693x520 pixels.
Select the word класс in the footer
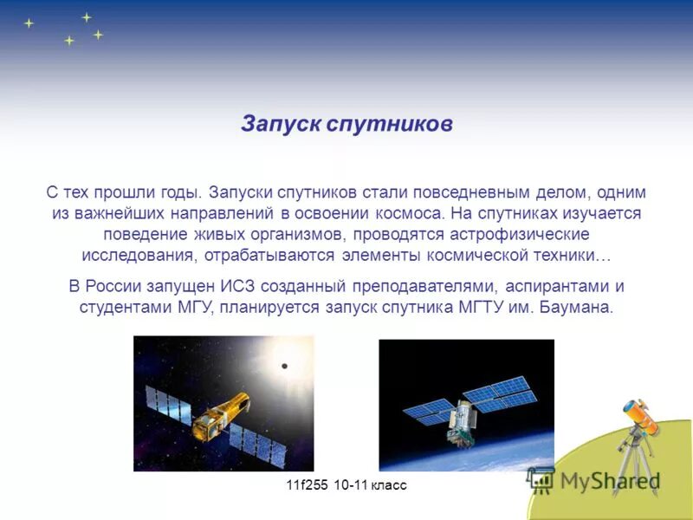tap(386, 485)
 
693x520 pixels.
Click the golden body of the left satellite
tap(222, 415)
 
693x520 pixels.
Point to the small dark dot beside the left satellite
tap(284, 367)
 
